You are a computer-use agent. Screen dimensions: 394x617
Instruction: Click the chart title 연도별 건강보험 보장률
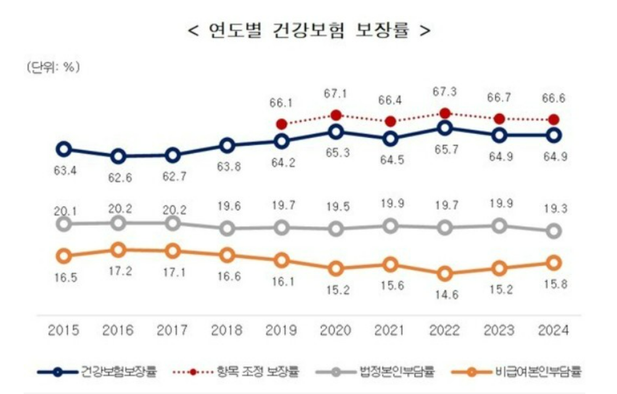[309, 31]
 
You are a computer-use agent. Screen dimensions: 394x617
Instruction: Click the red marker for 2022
[445, 113]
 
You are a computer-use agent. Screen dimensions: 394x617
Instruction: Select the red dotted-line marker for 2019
[281, 124]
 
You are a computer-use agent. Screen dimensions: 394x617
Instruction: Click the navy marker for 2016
[118, 156]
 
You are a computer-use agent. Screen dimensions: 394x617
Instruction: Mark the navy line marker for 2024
[554, 135]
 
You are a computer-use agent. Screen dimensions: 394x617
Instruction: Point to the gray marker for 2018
[227, 228]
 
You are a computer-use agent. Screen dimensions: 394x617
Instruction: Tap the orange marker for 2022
[445, 274]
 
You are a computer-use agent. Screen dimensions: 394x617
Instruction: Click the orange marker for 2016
[118, 249]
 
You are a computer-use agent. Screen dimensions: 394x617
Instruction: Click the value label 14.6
[445, 294]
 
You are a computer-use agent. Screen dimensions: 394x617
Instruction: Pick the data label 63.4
[64, 172]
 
